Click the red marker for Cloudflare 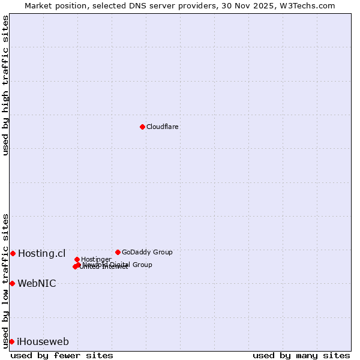[142, 127]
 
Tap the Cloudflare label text [163, 127]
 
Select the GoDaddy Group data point [118, 252]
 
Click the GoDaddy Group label [147, 252]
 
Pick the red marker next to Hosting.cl [13, 253]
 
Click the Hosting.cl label [41, 253]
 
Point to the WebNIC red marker [12, 283]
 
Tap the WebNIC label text [37, 283]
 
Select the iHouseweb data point [11, 341]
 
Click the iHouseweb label [43, 342]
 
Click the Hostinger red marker [77, 259]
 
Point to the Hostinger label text [96, 259]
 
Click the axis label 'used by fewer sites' [62, 355]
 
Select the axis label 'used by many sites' [301, 355]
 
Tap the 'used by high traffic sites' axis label [6, 85]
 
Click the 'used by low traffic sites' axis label [6, 280]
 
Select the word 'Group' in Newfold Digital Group [142, 265]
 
